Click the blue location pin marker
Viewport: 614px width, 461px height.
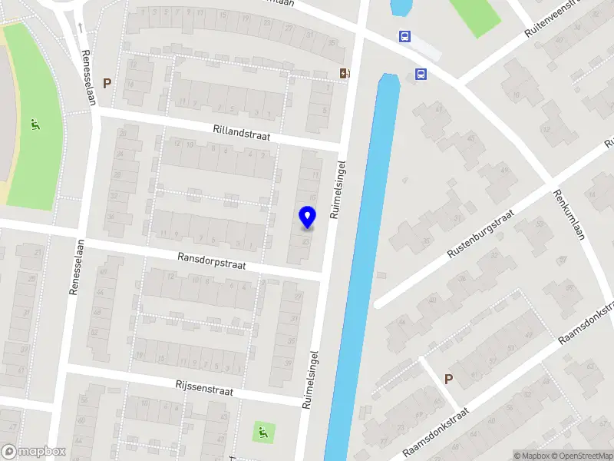[x=307, y=217]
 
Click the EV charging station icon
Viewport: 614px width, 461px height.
[x=345, y=73]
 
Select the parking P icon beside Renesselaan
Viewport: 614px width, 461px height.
[x=107, y=83]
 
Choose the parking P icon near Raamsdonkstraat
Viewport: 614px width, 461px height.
[x=449, y=378]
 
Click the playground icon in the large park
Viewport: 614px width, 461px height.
[x=35, y=125]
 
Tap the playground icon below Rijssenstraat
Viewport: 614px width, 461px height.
[x=262, y=433]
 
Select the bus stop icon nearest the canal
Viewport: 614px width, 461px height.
[x=421, y=74]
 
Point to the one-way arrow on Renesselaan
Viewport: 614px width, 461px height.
[x=81, y=28]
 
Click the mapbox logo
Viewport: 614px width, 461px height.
[x=34, y=452]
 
